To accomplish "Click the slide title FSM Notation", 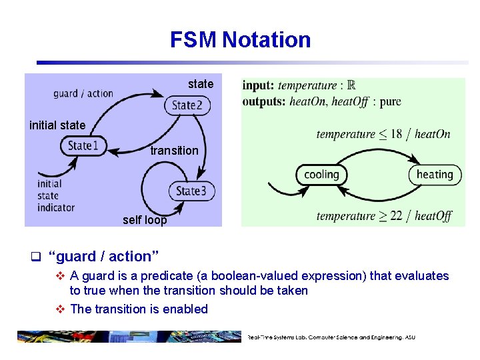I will point(240,40).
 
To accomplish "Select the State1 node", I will point(83,146).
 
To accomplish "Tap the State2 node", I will point(187,105).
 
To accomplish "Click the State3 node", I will point(191,191).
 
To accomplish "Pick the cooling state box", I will point(321,175).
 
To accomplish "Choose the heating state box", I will point(435,175).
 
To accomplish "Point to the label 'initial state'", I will point(57,125).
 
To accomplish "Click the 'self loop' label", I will point(145,220).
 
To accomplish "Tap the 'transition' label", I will point(174,151).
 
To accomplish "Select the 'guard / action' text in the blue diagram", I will point(83,93).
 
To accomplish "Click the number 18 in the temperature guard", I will point(396,134).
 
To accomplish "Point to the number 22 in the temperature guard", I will point(396,216).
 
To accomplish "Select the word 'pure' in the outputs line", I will point(390,102).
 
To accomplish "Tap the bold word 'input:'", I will point(259,85).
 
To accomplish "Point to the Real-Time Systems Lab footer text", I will point(331,337).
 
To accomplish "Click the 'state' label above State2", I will point(201,84).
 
